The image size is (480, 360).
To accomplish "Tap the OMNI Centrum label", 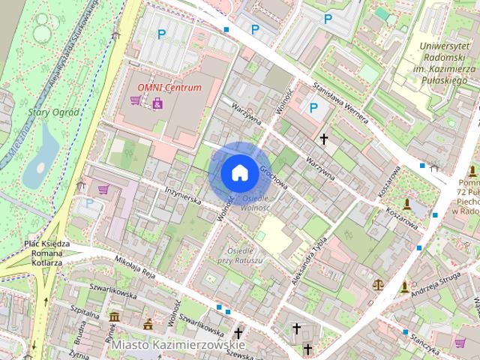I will coord(169,87).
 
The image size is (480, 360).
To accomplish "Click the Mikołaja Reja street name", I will coord(134,265).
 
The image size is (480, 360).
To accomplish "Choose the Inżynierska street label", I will coord(183,196).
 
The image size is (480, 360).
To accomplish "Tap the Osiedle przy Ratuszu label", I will coord(239,255).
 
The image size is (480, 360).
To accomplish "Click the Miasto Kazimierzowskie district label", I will coord(168,345).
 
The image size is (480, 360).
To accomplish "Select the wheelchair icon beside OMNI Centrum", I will coord(157,101).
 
